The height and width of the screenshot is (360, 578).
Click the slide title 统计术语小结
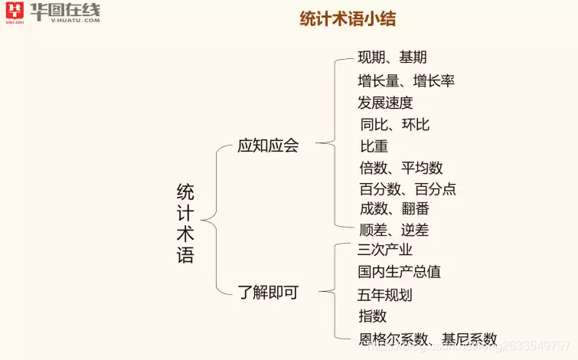pos(348,20)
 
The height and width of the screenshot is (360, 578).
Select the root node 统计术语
pos(185,224)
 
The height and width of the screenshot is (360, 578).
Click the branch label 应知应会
pos(268,146)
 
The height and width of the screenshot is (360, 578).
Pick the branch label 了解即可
pos(268,292)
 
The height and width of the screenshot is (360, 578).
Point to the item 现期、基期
pos(392,57)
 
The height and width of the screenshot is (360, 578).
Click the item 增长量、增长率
pos(406,80)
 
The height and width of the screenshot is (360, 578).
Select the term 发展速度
pos(385,103)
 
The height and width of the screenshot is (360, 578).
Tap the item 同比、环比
pos(395,124)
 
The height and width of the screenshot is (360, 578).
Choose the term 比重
pos(374,146)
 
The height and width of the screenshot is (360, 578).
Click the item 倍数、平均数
pos(401,168)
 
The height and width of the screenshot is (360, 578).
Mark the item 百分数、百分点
pos(407,189)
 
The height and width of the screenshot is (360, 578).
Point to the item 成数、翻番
pos(394,208)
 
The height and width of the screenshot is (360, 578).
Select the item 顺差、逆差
pos(394,230)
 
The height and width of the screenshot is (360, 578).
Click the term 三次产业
pos(385,250)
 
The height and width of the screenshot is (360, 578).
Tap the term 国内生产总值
pos(399,272)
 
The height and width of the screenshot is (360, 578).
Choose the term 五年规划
pos(385,295)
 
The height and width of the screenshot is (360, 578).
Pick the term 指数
pos(373,316)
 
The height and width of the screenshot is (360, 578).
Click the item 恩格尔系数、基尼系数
pos(428,339)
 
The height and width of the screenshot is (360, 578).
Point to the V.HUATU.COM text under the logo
pos(75,21)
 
